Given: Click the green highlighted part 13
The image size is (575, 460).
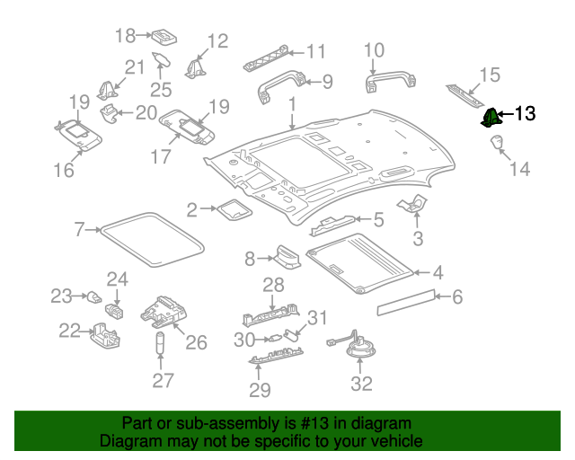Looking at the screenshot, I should pyautogui.click(x=491, y=117).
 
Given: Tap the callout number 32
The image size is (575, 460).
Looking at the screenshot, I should pyautogui.click(x=361, y=385).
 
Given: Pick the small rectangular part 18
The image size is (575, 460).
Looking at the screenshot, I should pyautogui.click(x=164, y=37).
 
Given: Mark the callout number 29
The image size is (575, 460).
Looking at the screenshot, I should pyautogui.click(x=260, y=391).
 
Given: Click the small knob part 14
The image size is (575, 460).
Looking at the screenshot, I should pyautogui.click(x=496, y=143).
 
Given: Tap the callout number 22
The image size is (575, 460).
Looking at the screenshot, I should pyautogui.click(x=70, y=331).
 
